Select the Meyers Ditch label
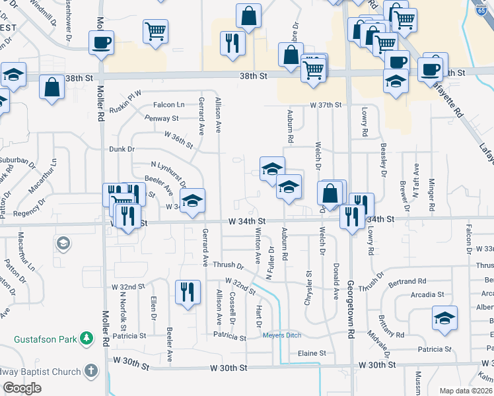coord(282,335)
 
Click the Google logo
coord(22,388)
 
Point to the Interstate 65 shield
coord(481,9)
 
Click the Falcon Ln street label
coord(169,104)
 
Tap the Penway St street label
coord(162,119)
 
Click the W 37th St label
coord(326,105)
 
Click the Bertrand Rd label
coord(408,280)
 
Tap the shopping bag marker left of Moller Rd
coord(52,87)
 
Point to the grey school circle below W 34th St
coord(63,244)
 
